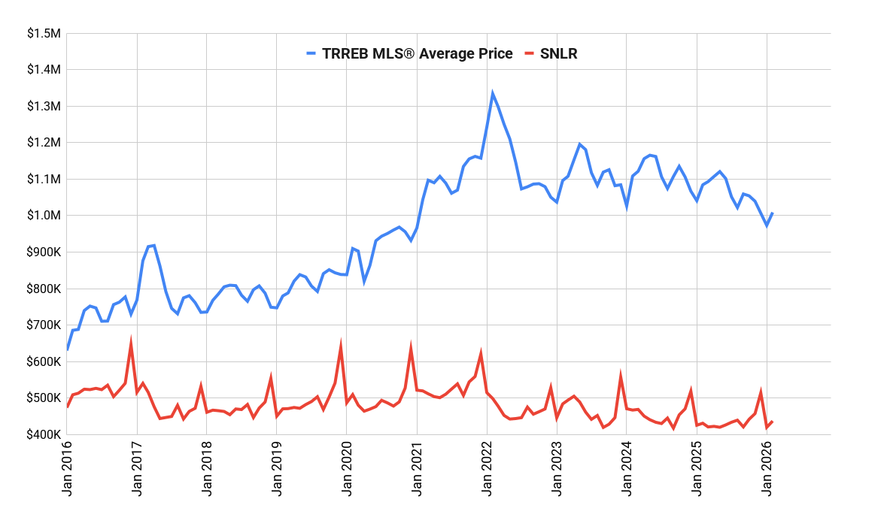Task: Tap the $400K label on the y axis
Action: click(x=43, y=435)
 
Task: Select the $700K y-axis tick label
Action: click(x=43, y=325)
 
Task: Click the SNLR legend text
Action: click(x=558, y=53)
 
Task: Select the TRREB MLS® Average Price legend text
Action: click(x=417, y=53)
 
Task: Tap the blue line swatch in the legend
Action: click(x=311, y=53)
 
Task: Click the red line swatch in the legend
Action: click(x=529, y=53)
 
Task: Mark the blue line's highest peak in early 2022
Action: click(x=492, y=93)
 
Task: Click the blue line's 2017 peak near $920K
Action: click(x=154, y=245)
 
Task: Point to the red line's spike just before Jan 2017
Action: click(x=131, y=343)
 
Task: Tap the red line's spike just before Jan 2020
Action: click(x=341, y=345)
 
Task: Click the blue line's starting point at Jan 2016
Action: click(x=68, y=349)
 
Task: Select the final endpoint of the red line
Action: click(x=772, y=422)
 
